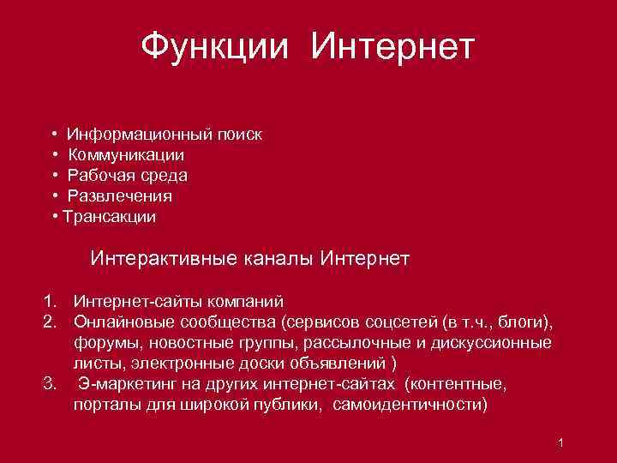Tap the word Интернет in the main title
coord(392,45)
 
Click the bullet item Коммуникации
coord(126,155)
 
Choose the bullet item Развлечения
coord(120,196)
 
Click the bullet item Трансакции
coord(110,217)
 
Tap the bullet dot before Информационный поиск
coord(54,135)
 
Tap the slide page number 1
coord(559,442)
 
